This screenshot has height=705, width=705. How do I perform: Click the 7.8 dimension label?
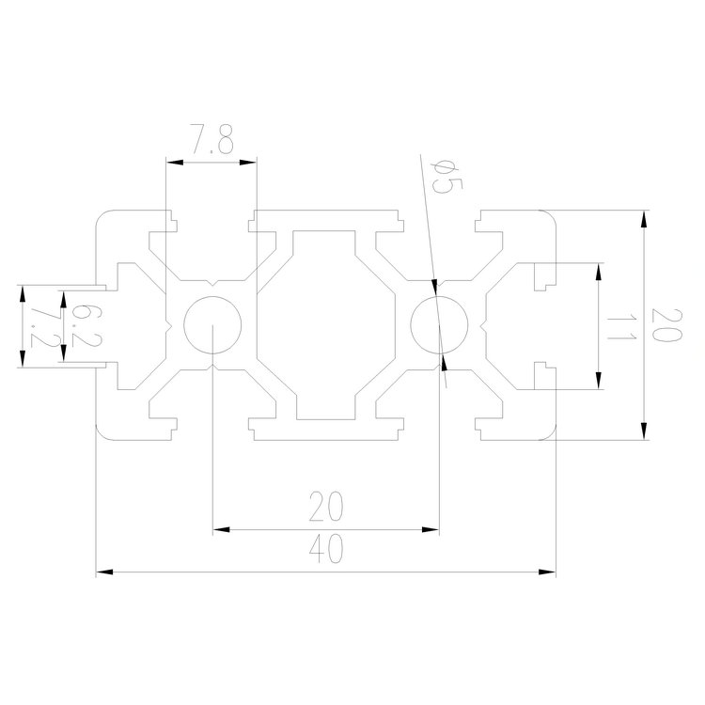click(212, 144)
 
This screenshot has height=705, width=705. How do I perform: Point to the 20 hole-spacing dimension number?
click(325, 509)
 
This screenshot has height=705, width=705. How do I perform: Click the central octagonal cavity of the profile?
click(326, 325)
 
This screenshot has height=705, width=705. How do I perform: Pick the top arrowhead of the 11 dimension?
click(598, 271)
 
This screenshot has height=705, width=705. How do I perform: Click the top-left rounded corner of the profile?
click(103, 218)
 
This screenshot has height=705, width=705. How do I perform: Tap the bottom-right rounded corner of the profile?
click(549, 432)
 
